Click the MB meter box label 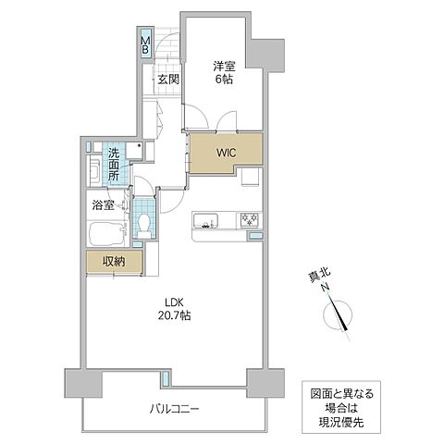pos(145,43)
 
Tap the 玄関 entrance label pos(166,80)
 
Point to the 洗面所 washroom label pos(112,164)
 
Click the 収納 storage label pos(114,263)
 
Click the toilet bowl pos(142,223)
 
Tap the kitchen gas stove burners pos(250,219)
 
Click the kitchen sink pos(205,219)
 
